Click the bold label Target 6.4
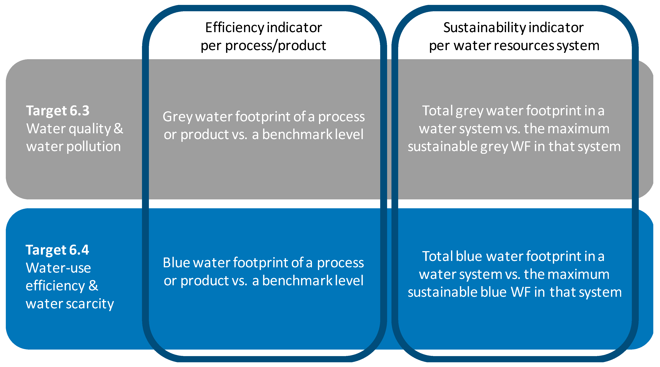(x=57, y=250)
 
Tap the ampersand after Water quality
(x=118, y=128)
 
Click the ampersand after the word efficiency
(x=93, y=285)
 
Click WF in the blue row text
(x=521, y=292)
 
